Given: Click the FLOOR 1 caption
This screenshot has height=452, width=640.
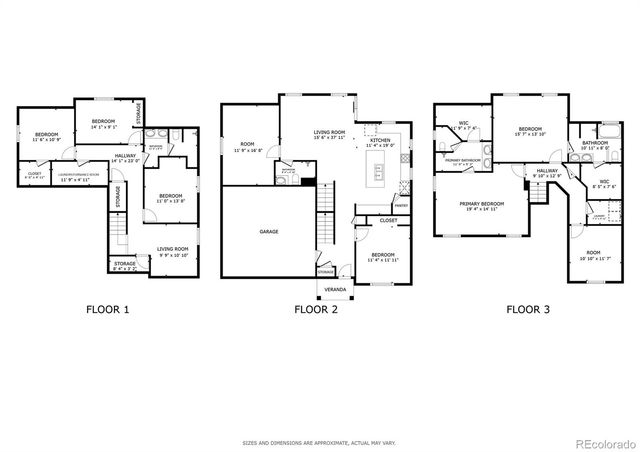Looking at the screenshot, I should (x=106, y=309).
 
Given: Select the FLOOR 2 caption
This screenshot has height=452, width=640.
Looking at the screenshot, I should (x=316, y=309).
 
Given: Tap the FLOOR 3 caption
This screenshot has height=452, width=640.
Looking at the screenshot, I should (x=526, y=309).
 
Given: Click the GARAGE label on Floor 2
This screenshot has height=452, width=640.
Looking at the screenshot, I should (x=269, y=231).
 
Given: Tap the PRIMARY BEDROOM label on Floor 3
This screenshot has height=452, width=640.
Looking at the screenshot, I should (x=482, y=204).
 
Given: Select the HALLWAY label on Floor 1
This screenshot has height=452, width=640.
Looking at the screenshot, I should (x=125, y=156).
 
